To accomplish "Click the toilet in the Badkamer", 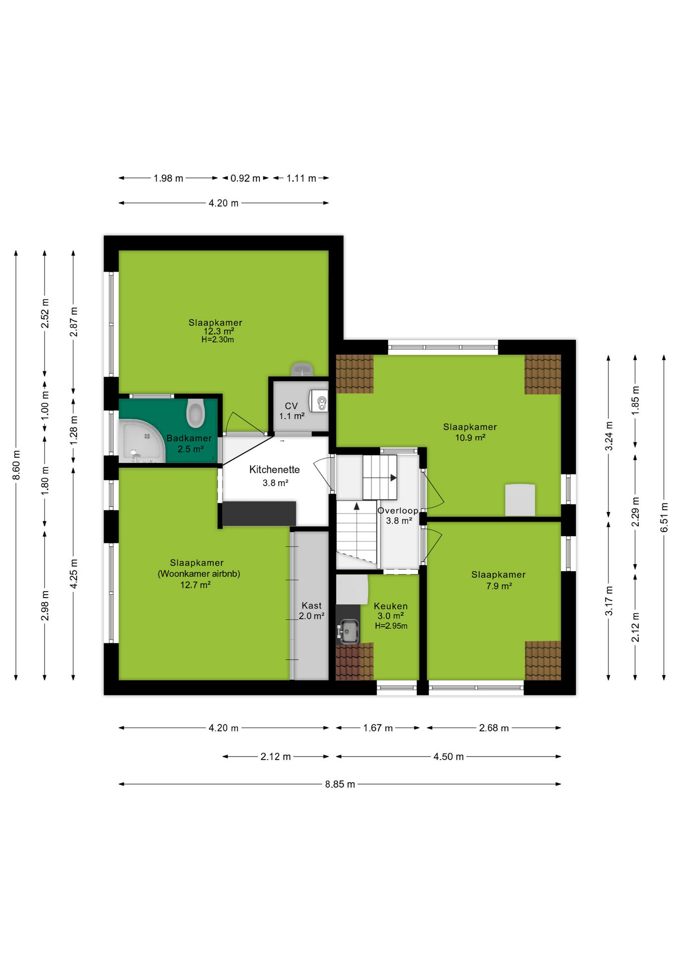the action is click(195, 413).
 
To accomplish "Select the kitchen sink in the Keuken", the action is click(348, 630).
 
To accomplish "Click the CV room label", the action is click(291, 406).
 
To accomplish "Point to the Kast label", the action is click(311, 605).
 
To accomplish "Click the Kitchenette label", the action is click(274, 469).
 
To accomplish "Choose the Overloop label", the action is click(398, 511).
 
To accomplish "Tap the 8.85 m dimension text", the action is click(339, 784).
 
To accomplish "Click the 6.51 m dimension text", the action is click(664, 517).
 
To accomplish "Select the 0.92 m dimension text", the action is click(245, 178).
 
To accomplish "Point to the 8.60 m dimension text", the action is click(16, 464).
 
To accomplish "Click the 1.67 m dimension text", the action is click(378, 728).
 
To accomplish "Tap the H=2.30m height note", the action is click(218, 340).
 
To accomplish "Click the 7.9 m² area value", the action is click(499, 586).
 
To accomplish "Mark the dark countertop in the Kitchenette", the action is click(259, 514).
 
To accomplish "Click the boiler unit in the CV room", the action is click(319, 401).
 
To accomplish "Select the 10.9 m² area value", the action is click(470, 437).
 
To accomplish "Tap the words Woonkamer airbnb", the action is click(199, 574).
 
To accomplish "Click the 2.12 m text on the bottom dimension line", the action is click(275, 757).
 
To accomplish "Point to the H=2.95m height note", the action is click(391, 626).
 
